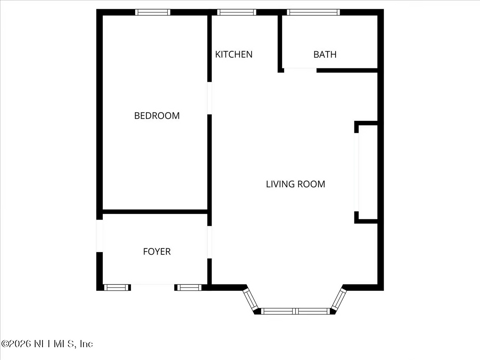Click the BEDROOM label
click(x=157, y=116)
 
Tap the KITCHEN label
click(x=234, y=54)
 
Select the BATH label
click(x=325, y=54)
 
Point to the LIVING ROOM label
click(x=295, y=184)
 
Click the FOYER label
click(x=157, y=251)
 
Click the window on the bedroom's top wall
click(x=153, y=12)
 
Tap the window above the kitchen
click(x=237, y=12)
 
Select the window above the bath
click(x=313, y=12)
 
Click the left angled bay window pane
click(x=251, y=300)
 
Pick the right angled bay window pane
click(x=339, y=300)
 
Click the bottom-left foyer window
click(x=116, y=287)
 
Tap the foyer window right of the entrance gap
click(x=189, y=287)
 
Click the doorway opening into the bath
click(x=300, y=70)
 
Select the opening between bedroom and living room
click(x=209, y=98)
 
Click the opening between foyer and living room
click(x=209, y=242)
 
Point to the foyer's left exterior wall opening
click(x=99, y=236)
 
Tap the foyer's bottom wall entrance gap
click(x=152, y=287)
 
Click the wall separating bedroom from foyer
click(x=155, y=212)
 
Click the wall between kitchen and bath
click(x=280, y=43)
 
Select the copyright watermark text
click(x=47, y=344)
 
